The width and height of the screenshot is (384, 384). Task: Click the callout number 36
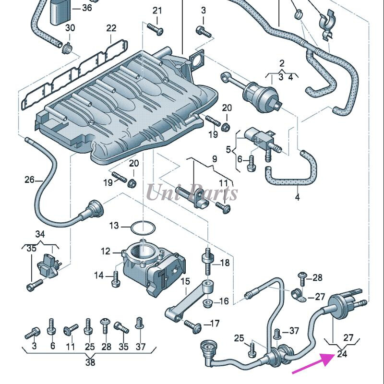[87, 8]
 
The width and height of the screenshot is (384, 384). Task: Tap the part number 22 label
[111, 28]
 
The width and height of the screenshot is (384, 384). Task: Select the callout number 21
[157, 11]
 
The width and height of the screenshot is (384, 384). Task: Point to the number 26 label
[30, 180]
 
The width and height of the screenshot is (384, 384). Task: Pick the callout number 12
[105, 251]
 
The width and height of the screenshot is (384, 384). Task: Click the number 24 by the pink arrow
[342, 355]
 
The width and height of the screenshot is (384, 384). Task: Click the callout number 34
[40, 234]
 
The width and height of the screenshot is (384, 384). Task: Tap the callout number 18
[225, 263]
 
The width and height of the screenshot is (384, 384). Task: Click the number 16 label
[224, 301]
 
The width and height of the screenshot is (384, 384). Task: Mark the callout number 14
[99, 275]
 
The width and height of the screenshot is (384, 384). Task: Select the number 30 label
[70, 28]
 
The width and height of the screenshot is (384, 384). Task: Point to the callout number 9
[214, 159]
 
